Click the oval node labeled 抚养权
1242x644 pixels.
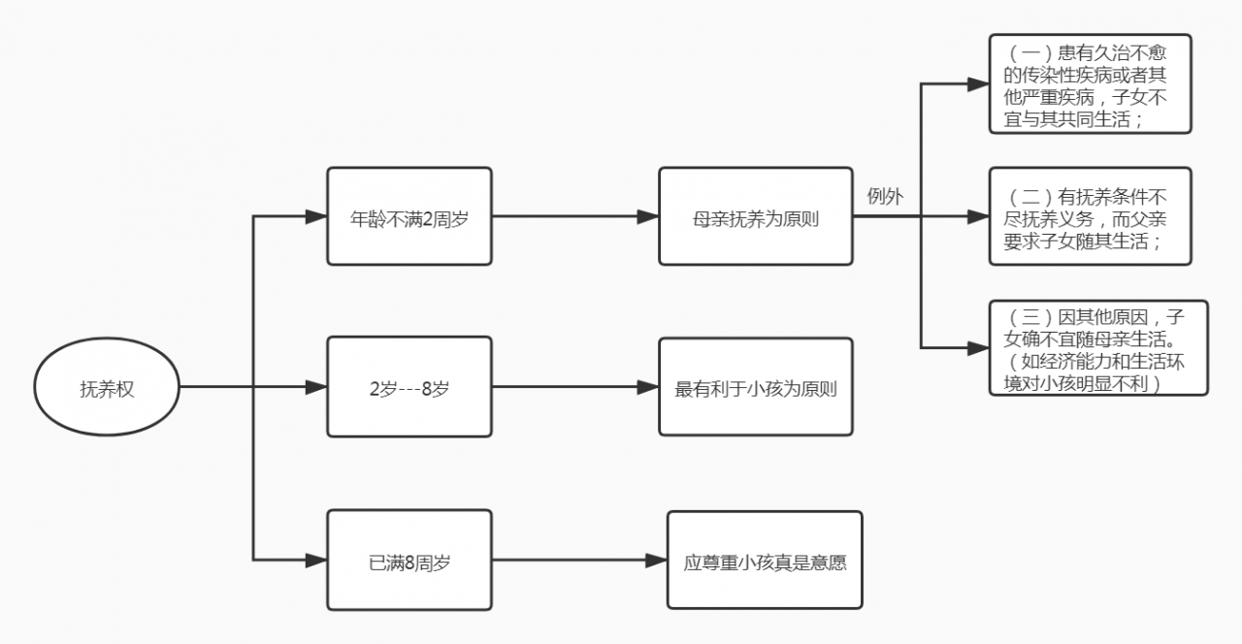tap(108, 388)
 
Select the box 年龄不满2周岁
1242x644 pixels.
tap(409, 216)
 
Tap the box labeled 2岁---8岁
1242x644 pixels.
tap(409, 387)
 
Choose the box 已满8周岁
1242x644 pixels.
tap(409, 561)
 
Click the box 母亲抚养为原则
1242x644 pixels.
tap(755, 216)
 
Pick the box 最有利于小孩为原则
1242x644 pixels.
tap(755, 387)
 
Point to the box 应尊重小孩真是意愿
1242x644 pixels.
tap(765, 561)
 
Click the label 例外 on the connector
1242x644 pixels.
tap(884, 197)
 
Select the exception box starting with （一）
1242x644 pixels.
tap(1090, 83)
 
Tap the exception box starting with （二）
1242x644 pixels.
tap(1090, 216)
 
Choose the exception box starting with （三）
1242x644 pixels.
tap(1097, 347)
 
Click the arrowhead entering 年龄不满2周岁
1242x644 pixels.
tap(316, 216)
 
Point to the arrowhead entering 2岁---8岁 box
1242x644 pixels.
tap(316, 387)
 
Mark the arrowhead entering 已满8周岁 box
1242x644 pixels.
tap(316, 561)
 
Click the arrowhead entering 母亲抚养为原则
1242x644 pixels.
tap(648, 216)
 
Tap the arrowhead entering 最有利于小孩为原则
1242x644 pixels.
tap(648, 387)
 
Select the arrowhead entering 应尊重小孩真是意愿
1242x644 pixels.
tap(657, 561)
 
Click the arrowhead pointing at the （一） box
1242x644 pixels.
tap(978, 84)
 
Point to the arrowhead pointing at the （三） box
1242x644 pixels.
tap(978, 346)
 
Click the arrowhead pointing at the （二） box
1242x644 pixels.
tap(978, 216)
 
